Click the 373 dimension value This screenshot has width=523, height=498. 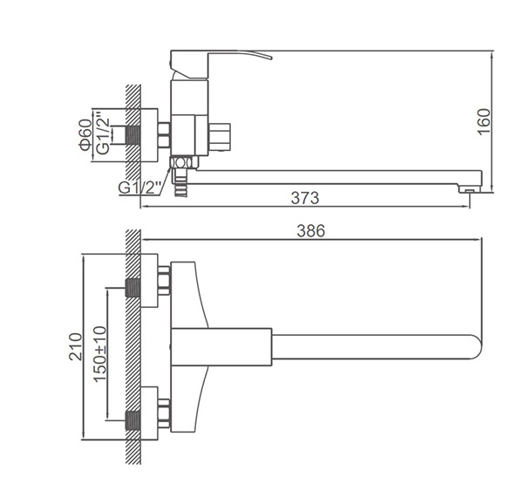pyautogui.click(x=305, y=198)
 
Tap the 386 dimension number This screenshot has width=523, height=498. pyautogui.click(x=311, y=231)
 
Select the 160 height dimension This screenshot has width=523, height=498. pyautogui.click(x=485, y=121)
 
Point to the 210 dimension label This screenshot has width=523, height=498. pyautogui.click(x=75, y=346)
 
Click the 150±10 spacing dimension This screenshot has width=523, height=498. pyautogui.click(x=99, y=354)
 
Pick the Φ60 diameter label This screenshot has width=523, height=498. pyautogui.click(x=85, y=135)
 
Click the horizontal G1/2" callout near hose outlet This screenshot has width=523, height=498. pyautogui.click(x=139, y=188)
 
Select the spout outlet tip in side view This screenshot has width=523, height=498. pyautogui.click(x=470, y=189)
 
